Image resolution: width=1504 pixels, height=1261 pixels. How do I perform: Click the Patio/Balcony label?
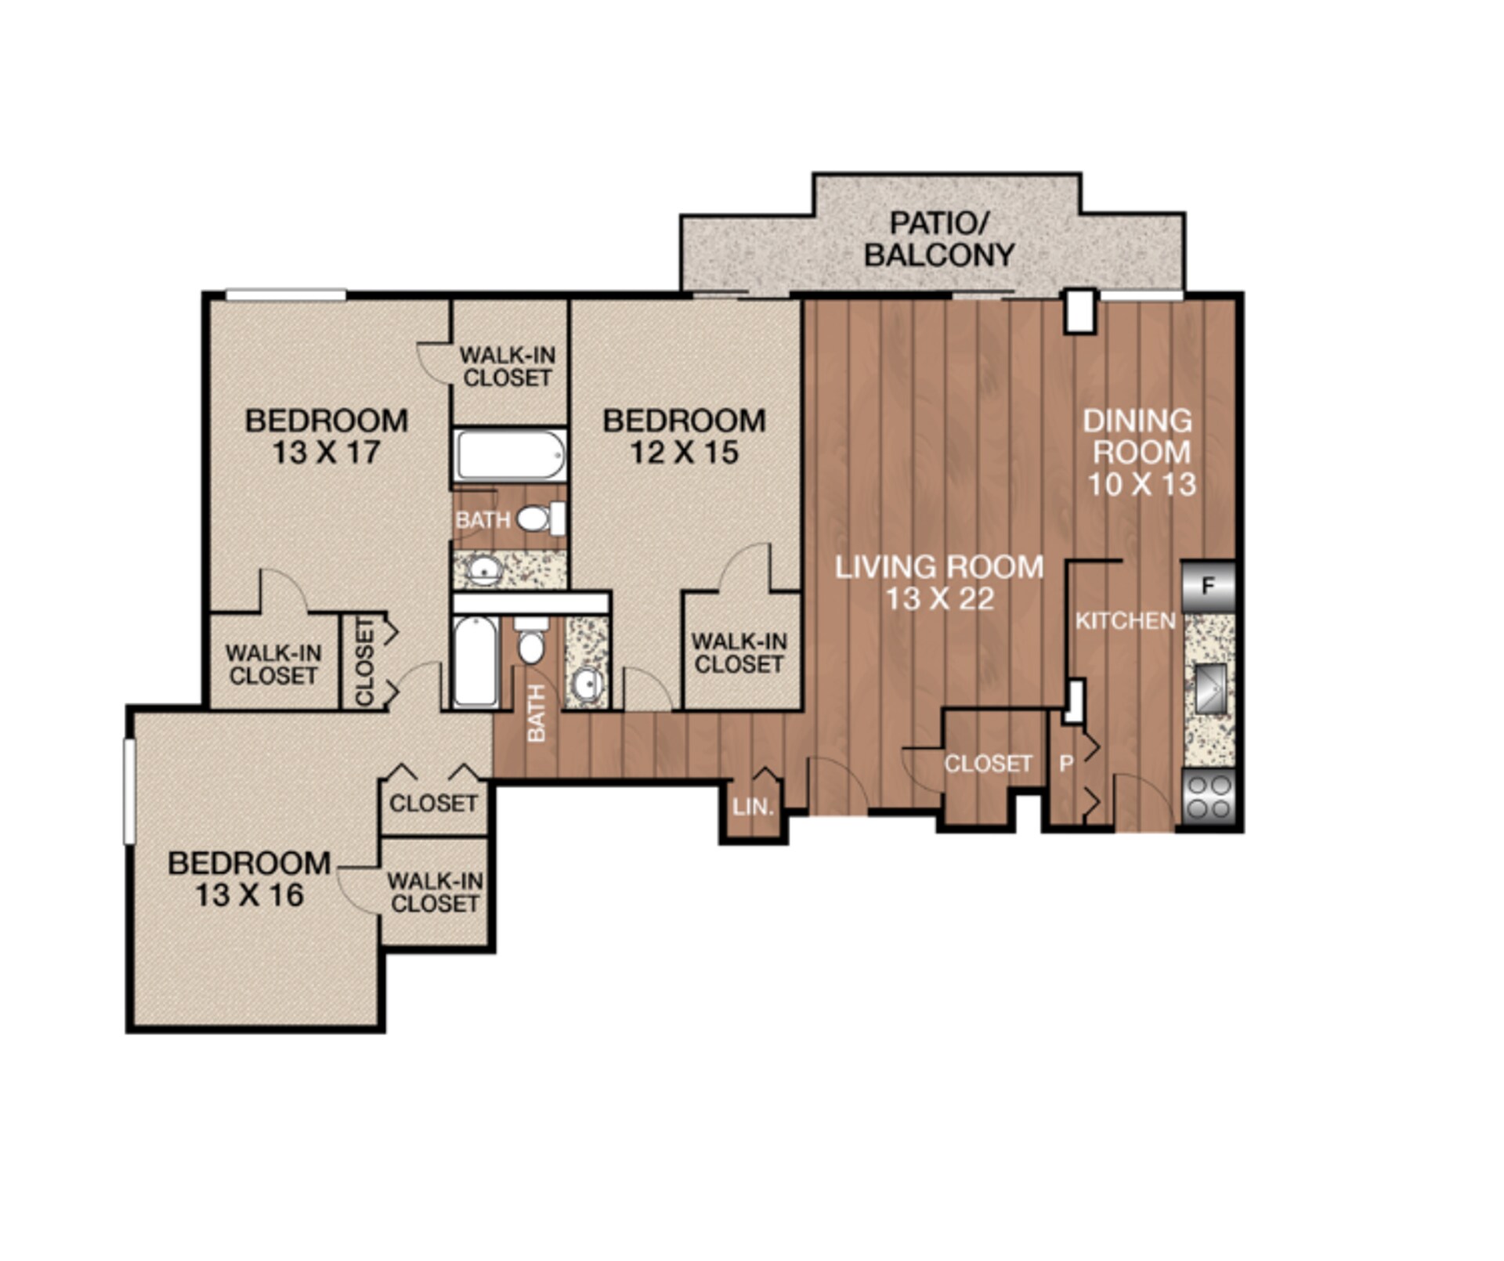coord(938,239)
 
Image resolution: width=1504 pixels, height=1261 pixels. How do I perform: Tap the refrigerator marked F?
coord(1207,586)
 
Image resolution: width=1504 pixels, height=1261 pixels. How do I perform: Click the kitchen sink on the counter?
coord(1209,688)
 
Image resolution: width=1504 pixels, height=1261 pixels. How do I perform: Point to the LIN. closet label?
coord(754,807)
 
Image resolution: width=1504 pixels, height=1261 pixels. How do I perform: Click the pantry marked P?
coord(1066,764)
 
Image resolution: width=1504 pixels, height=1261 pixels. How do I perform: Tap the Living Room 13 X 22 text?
coord(938,582)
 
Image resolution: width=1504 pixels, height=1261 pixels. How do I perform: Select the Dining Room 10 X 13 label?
coord(1140,452)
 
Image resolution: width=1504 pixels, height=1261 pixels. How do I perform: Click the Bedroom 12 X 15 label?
coord(684,436)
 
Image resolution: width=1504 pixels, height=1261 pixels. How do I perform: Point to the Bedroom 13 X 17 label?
coord(326,436)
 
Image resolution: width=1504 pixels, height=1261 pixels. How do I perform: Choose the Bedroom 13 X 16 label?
coord(249,878)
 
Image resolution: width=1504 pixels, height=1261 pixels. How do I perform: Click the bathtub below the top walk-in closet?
coord(511,455)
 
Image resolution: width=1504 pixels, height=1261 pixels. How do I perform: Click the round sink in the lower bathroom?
coord(586,685)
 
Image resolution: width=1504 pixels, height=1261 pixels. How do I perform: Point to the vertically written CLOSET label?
coord(365,661)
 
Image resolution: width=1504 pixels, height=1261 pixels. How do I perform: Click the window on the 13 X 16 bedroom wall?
coord(130,791)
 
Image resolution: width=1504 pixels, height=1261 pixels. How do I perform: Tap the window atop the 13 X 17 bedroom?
coord(286,294)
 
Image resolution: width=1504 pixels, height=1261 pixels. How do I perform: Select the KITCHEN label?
coord(1125,621)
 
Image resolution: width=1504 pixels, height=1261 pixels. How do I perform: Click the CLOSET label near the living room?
coord(987,764)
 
